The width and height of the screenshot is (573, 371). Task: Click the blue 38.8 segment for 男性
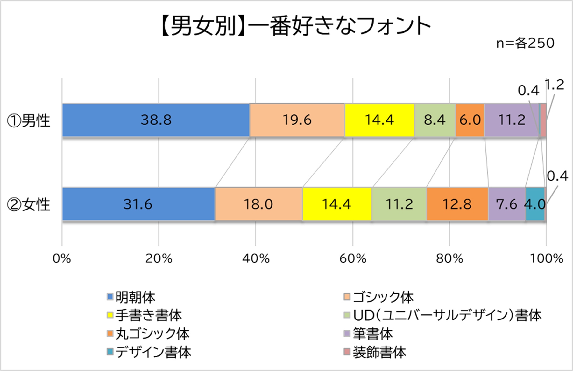click(156, 120)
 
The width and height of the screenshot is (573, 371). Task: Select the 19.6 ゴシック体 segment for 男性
click(297, 120)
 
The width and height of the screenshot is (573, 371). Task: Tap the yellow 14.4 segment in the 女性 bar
click(337, 204)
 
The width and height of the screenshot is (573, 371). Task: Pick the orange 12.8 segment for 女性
click(457, 204)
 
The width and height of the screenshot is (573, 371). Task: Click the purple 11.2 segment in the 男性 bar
click(512, 120)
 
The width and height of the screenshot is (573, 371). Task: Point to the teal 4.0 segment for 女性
click(535, 204)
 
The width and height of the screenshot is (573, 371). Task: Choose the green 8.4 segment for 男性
click(435, 120)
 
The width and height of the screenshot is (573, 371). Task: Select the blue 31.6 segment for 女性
click(138, 204)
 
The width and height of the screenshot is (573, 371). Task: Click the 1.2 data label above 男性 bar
click(555, 85)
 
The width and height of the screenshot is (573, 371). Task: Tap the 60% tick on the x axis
click(353, 258)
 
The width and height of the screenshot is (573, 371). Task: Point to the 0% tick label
click(62, 258)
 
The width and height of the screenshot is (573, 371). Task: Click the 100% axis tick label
click(546, 258)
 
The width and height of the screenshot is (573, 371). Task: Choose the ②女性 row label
click(29, 204)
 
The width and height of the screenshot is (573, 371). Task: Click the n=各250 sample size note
click(525, 43)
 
